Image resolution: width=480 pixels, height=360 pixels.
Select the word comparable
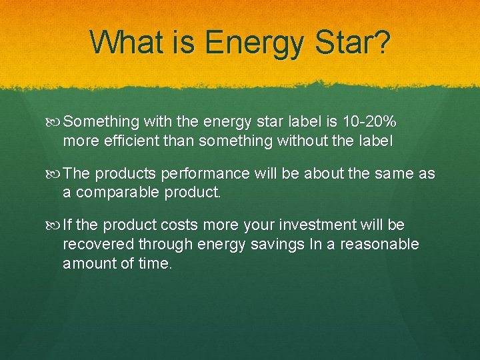point(123,193)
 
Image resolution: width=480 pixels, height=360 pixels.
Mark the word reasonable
point(379,245)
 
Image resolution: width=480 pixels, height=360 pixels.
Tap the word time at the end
point(155,263)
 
